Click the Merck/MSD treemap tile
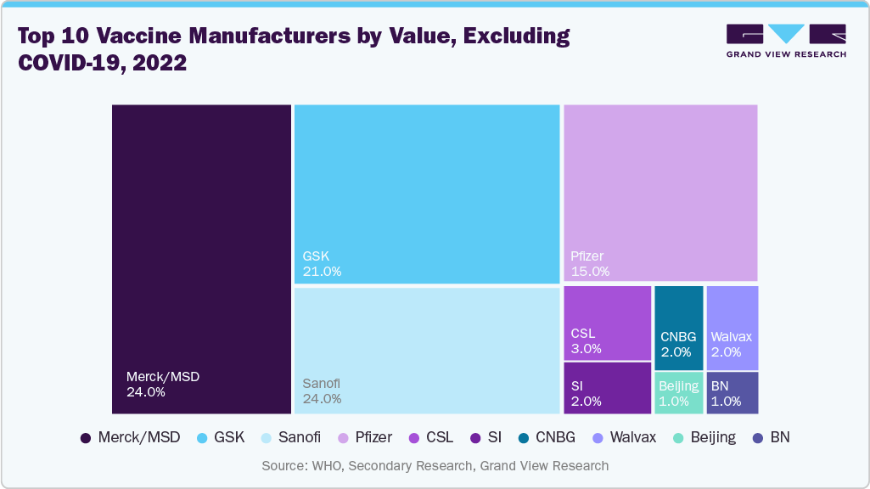tap(202, 259)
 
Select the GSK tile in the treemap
tap(426, 194)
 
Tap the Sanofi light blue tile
tap(426, 351)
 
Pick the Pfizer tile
tap(660, 193)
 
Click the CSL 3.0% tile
tap(607, 323)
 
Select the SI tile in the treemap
tap(607, 388)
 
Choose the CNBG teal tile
tap(678, 328)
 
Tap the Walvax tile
tap(732, 328)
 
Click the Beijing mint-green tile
tap(678, 393)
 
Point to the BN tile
tap(732, 393)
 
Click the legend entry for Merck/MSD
tap(130, 438)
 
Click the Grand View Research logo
tap(785, 41)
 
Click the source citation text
tap(435, 465)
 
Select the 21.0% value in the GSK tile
tap(322, 272)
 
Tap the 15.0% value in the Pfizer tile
tap(590, 272)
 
